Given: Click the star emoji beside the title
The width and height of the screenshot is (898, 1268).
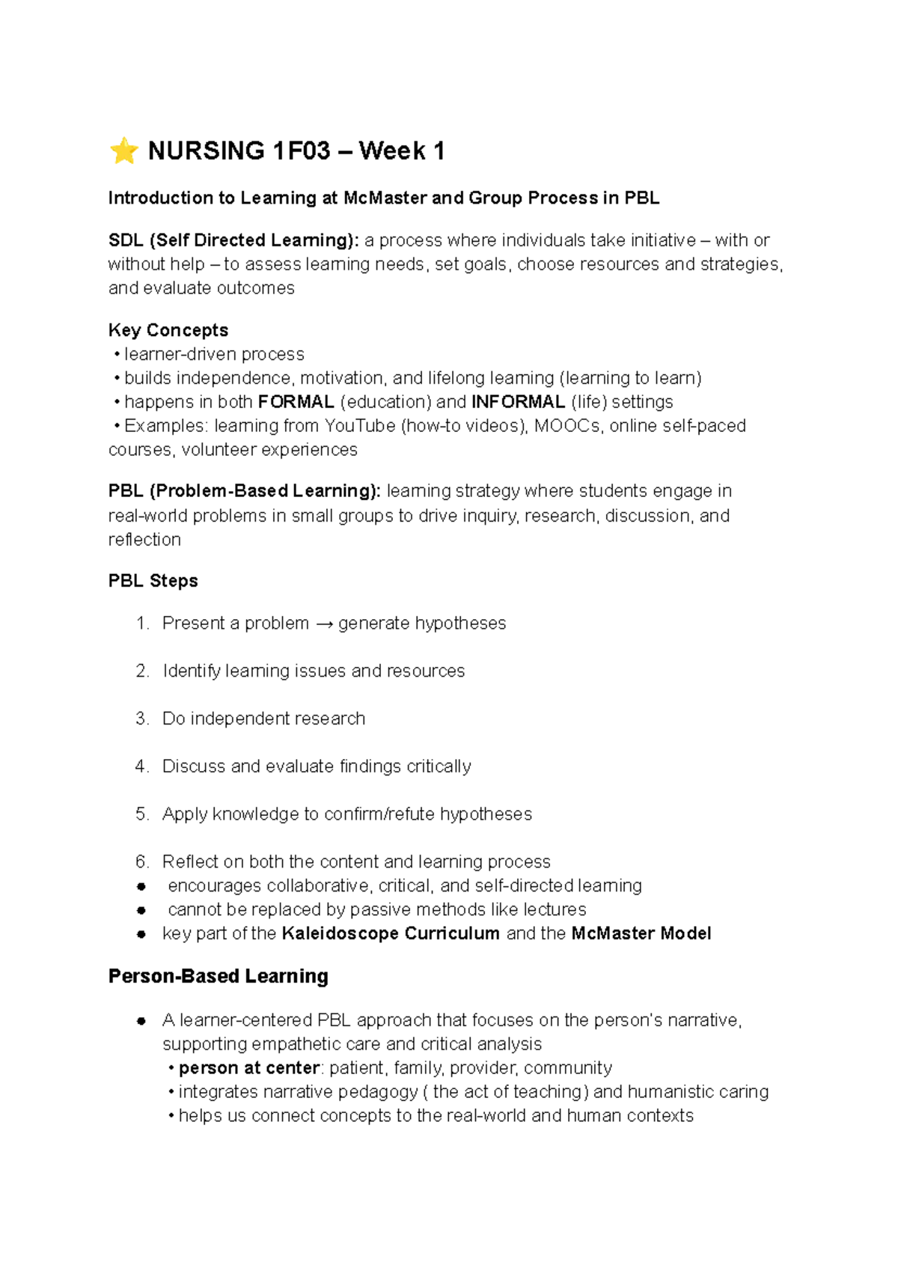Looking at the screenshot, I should click(x=123, y=150).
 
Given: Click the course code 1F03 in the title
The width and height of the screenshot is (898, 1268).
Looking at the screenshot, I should click(x=301, y=151).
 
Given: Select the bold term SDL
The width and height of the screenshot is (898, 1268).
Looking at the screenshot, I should click(x=126, y=240).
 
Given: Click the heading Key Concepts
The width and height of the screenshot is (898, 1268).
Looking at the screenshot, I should click(x=168, y=330).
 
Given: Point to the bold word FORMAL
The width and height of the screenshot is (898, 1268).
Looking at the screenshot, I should click(x=296, y=402).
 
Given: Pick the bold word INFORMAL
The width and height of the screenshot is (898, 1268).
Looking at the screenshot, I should click(x=518, y=402).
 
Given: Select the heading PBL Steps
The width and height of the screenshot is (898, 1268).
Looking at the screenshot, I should click(x=153, y=581).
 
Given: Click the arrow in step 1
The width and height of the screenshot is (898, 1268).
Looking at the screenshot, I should click(x=323, y=624).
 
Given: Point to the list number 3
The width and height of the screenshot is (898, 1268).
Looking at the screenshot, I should click(x=142, y=719).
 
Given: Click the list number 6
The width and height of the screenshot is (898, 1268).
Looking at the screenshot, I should click(x=142, y=862).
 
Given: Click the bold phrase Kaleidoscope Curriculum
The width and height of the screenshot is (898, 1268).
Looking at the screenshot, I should click(x=391, y=933).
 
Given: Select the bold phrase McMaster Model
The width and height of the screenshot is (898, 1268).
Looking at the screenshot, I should click(x=641, y=933).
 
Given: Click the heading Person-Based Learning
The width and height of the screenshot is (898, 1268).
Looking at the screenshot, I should click(x=219, y=976).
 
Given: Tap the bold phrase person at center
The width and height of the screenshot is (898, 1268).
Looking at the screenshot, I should click(x=249, y=1068).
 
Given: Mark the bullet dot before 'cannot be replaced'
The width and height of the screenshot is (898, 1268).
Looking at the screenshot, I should click(x=141, y=910).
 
